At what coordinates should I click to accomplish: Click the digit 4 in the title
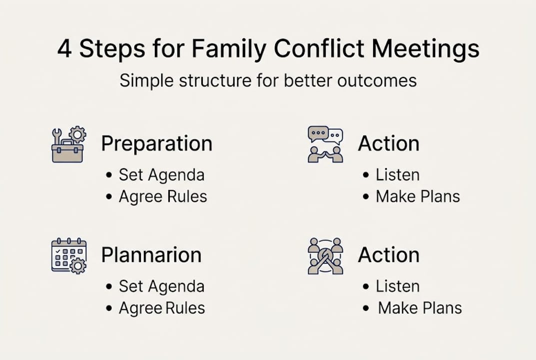[x=64, y=49]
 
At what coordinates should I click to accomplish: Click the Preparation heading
[x=157, y=144]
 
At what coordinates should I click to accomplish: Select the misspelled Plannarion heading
[x=151, y=255]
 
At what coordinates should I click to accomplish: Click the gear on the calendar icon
[x=77, y=266]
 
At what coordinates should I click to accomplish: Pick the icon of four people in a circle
[x=325, y=255]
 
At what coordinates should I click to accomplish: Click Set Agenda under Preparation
[x=161, y=175]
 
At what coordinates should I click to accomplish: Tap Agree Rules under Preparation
[x=162, y=196]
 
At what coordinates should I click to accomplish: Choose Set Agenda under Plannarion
[x=161, y=286]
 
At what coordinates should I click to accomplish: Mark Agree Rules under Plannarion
[x=161, y=308]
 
